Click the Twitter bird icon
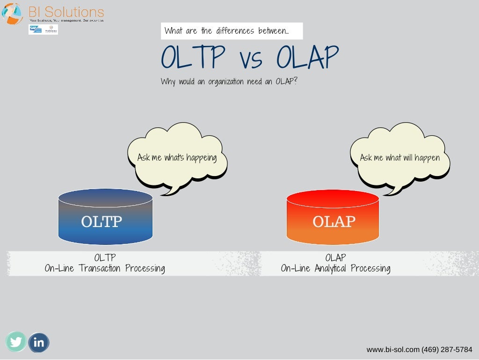click(16, 342)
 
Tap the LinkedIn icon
click(39, 343)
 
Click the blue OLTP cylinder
click(105, 218)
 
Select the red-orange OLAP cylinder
click(333, 218)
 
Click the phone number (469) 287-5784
click(447, 350)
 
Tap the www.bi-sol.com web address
click(393, 350)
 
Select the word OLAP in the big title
click(307, 58)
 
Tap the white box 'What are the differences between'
click(232, 31)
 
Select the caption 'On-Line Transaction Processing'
click(105, 269)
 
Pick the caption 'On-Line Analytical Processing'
click(335, 269)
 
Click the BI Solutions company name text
click(66, 11)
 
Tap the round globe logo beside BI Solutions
click(13, 13)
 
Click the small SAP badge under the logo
click(35, 29)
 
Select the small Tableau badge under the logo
click(51, 29)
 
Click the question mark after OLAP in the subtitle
click(295, 81)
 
